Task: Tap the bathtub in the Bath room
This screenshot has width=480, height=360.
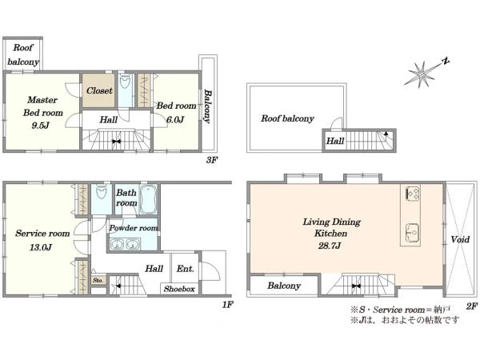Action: pyautogui.click(x=149, y=199)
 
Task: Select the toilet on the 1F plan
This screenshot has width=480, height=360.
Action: pyautogui.click(x=101, y=192)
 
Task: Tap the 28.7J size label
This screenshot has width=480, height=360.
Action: pyautogui.click(x=330, y=246)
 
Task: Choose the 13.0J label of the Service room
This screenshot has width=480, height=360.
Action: pyautogui.click(x=41, y=247)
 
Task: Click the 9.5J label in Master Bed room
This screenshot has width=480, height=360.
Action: pyautogui.click(x=41, y=126)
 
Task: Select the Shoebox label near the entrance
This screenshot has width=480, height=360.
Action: pyautogui.click(x=179, y=289)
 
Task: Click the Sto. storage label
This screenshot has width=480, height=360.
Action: pyautogui.click(x=98, y=280)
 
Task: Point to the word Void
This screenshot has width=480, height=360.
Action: pyautogui.click(x=460, y=239)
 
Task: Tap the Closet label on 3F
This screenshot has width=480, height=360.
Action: pyautogui.click(x=99, y=90)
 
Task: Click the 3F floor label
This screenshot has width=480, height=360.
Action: pyautogui.click(x=211, y=159)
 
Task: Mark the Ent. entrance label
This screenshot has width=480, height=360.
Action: pyautogui.click(x=186, y=269)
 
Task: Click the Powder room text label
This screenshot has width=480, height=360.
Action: pyautogui.click(x=134, y=228)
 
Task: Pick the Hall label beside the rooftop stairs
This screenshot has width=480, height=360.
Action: pyautogui.click(x=335, y=141)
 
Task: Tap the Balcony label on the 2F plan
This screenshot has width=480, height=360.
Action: pyautogui.click(x=284, y=286)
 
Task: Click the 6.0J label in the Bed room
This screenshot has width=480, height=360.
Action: pyautogui.click(x=175, y=120)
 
